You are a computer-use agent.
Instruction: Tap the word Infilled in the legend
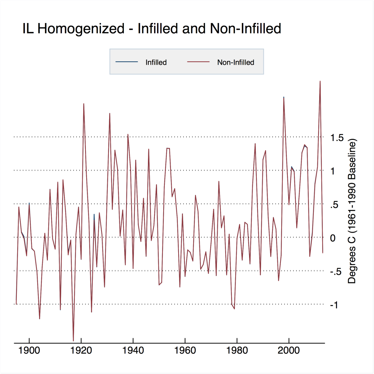tap(156, 62)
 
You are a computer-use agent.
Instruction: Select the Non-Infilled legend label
tap(236, 62)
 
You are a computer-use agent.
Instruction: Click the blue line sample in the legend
tap(127, 62)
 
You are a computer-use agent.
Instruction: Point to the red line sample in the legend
tap(198, 62)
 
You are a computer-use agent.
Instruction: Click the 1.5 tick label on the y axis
tap(337, 138)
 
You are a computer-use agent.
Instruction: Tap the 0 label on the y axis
tap(333, 238)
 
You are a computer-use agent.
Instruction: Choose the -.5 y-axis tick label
tap(336, 272)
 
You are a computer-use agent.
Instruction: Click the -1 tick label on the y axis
tap(335, 305)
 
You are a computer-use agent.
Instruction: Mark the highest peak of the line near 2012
tap(320, 81)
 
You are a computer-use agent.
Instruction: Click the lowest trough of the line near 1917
tap(73, 340)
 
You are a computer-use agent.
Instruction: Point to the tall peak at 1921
tap(84, 104)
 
